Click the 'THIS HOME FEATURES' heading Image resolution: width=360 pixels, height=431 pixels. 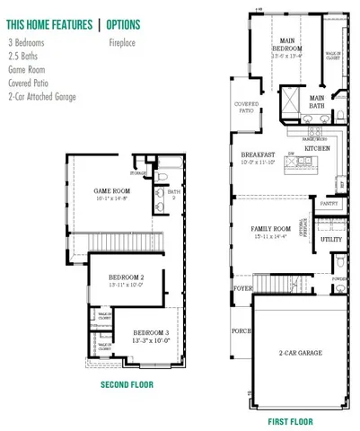point(47,23)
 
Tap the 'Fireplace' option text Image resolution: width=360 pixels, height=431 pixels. point(123,42)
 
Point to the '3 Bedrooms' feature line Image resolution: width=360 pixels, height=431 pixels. point(28,42)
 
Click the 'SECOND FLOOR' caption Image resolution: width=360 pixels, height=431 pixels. point(127,384)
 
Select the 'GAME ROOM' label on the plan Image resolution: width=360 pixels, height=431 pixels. point(114,190)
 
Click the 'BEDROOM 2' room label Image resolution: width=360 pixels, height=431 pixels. point(126,277)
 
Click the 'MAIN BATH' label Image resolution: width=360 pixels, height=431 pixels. point(317,102)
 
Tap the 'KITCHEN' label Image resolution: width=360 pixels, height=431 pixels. point(317,147)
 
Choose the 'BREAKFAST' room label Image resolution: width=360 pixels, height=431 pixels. point(252,154)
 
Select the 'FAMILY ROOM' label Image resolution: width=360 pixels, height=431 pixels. point(271,229)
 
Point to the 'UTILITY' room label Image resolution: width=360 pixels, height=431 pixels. point(330,240)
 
